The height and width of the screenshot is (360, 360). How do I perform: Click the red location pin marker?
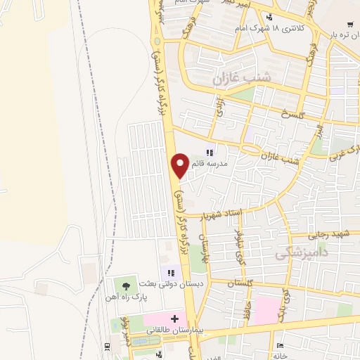coord(180,165)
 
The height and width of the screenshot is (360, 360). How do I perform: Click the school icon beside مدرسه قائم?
coord(209,151)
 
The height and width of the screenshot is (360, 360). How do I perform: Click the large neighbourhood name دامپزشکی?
coord(303,251)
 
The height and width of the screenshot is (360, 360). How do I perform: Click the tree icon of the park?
coord(125,285)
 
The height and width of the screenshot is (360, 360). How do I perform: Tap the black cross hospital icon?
coord(174,318)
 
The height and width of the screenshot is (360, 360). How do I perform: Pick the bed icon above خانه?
coord(280,346)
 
